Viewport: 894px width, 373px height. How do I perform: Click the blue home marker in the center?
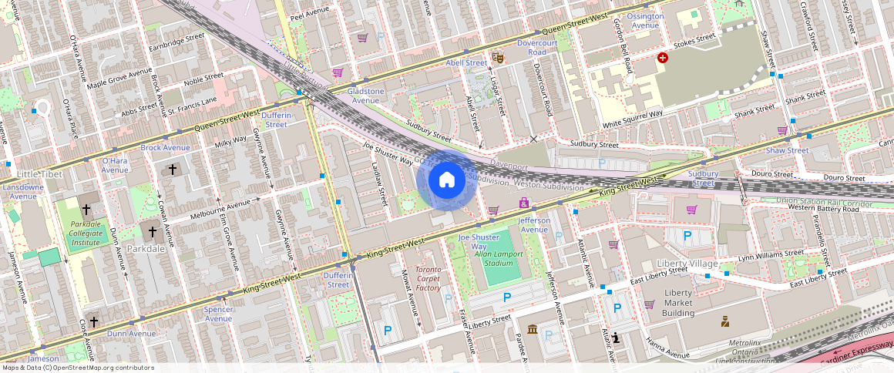pos(446,180)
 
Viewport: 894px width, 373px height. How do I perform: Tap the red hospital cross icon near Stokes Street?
pos(663,58)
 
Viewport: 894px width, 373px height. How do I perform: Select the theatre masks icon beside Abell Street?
pos(499,57)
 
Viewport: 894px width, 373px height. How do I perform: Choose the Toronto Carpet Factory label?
pos(429,279)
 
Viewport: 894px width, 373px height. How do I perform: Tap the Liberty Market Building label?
pos(678,303)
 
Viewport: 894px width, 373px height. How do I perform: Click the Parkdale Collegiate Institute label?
pos(86,232)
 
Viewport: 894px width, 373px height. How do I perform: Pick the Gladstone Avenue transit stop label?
pos(366,96)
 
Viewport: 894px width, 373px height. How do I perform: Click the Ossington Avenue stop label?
pos(645,21)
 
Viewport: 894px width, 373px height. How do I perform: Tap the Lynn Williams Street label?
pos(771,255)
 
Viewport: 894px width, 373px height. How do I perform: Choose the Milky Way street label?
pos(230,143)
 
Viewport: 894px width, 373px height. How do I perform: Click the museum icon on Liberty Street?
pos(533,329)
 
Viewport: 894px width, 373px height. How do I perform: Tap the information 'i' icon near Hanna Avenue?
pos(618,337)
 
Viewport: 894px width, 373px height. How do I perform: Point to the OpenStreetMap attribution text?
pos(77,368)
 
